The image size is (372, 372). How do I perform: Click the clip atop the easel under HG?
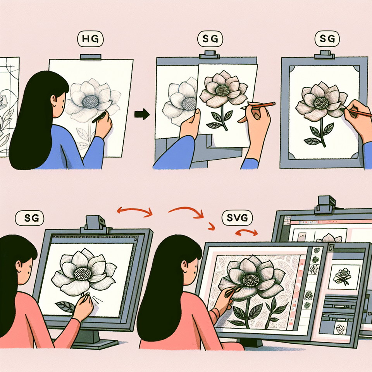click(90, 57)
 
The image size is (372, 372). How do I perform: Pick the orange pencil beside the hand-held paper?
click(262, 105)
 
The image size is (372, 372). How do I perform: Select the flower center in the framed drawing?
click(321, 102)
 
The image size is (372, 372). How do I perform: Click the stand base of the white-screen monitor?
click(95, 343)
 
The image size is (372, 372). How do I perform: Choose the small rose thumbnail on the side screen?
click(342, 275)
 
